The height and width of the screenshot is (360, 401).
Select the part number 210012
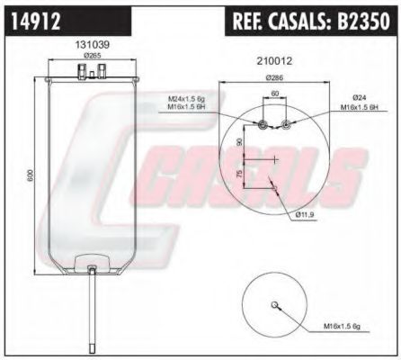274,61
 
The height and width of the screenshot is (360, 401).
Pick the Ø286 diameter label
273,78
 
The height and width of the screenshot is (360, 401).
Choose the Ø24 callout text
361,98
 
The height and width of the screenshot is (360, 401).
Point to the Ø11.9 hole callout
307,214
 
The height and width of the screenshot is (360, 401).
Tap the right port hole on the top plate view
285,125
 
